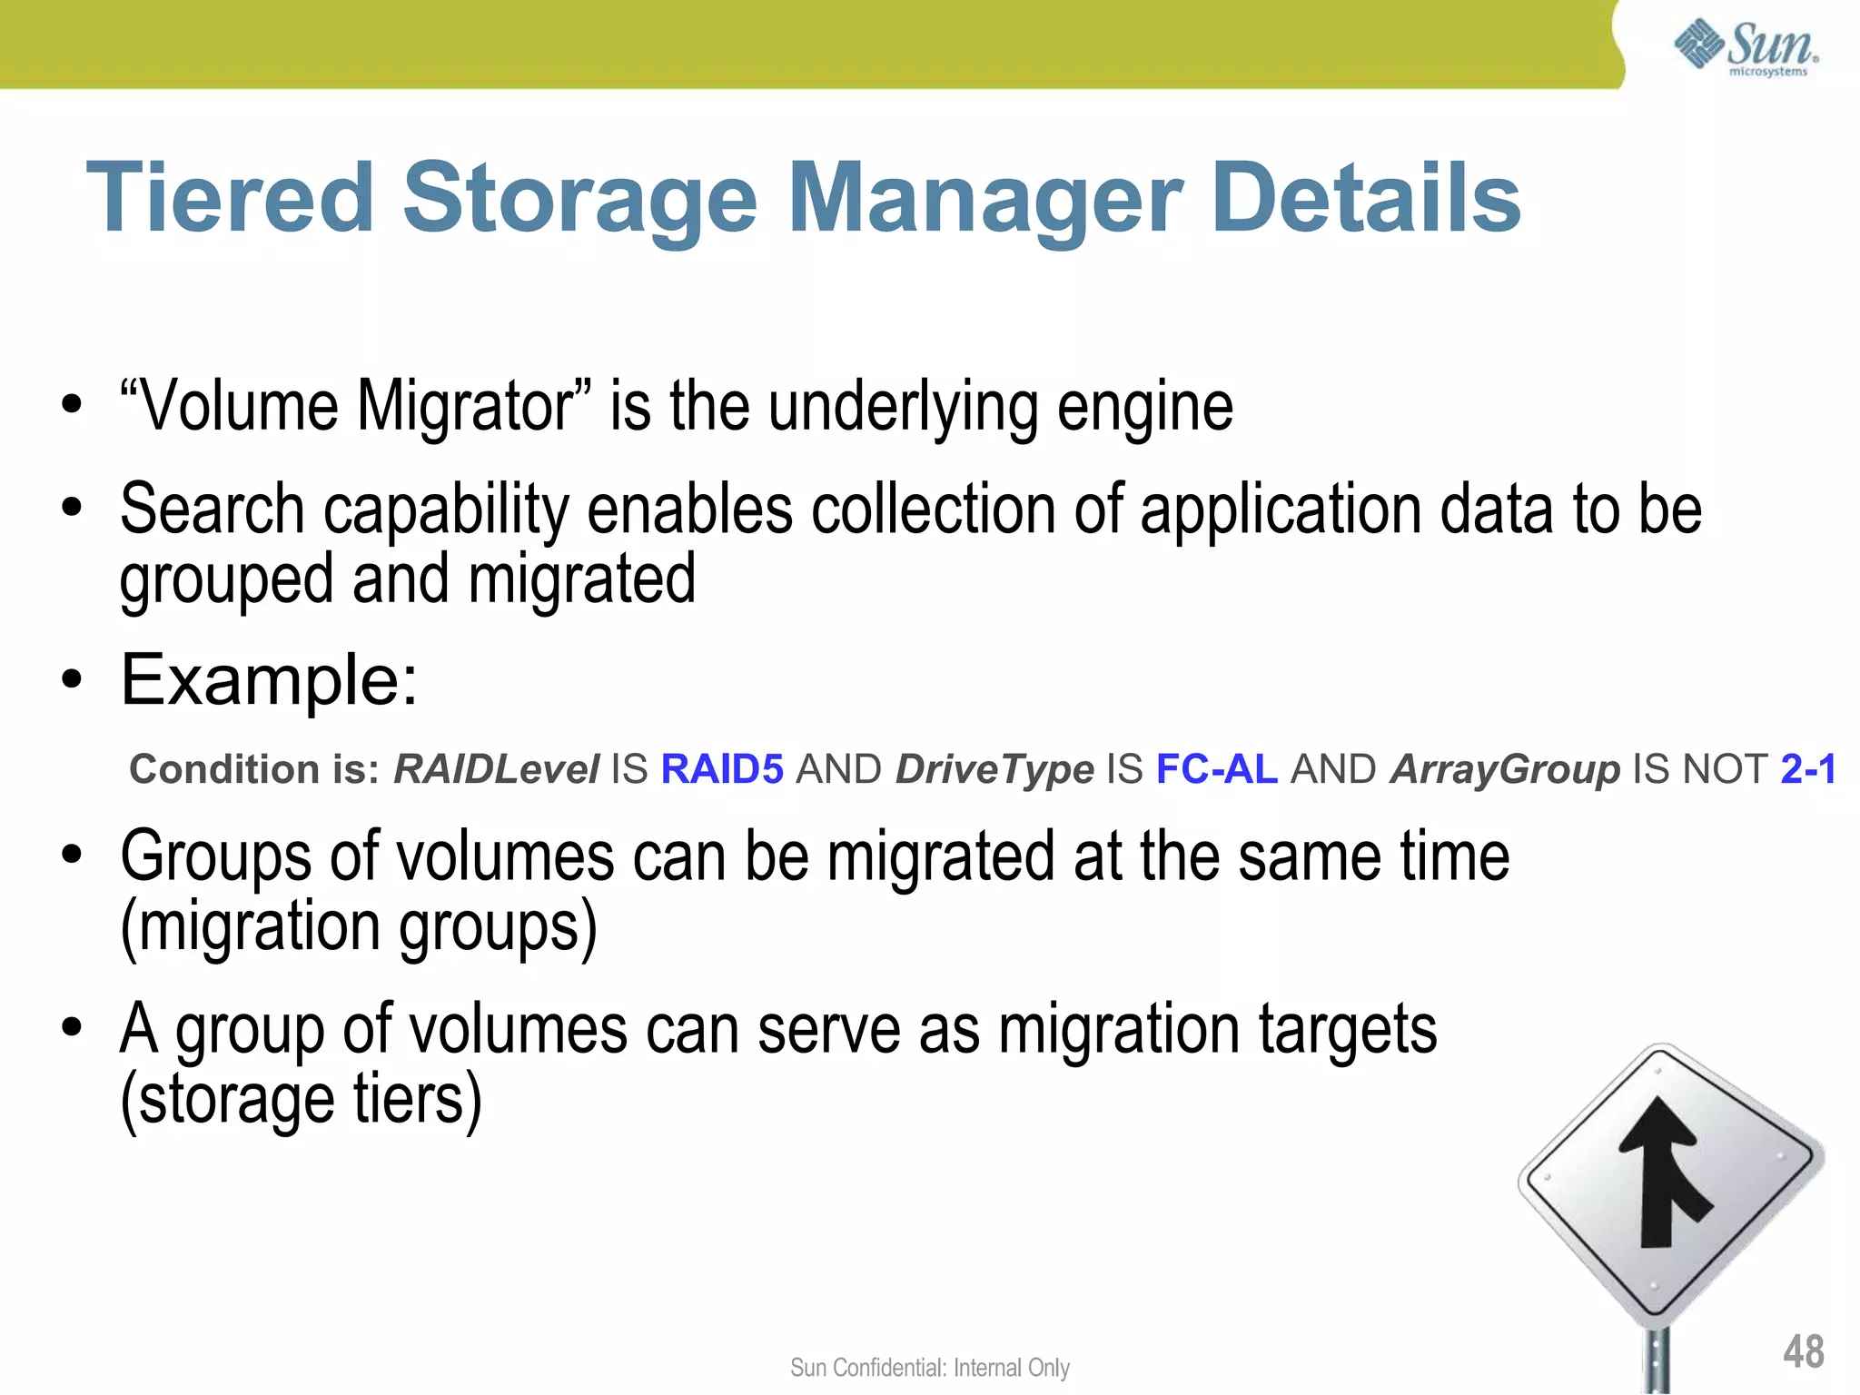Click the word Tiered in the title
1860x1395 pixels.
(229, 198)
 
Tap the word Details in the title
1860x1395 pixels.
(1366, 198)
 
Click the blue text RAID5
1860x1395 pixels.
(722, 769)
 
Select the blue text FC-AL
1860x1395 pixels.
(1216, 769)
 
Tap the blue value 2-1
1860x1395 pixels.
(1808, 769)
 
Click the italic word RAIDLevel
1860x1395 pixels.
(496, 769)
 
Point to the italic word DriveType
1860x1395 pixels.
(994, 769)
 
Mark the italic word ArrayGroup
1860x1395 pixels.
(1505, 769)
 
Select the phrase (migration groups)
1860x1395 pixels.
(359, 927)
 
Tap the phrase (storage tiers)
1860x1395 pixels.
(301, 1100)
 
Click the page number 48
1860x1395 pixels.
(1803, 1351)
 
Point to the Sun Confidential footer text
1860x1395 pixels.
(929, 1368)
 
